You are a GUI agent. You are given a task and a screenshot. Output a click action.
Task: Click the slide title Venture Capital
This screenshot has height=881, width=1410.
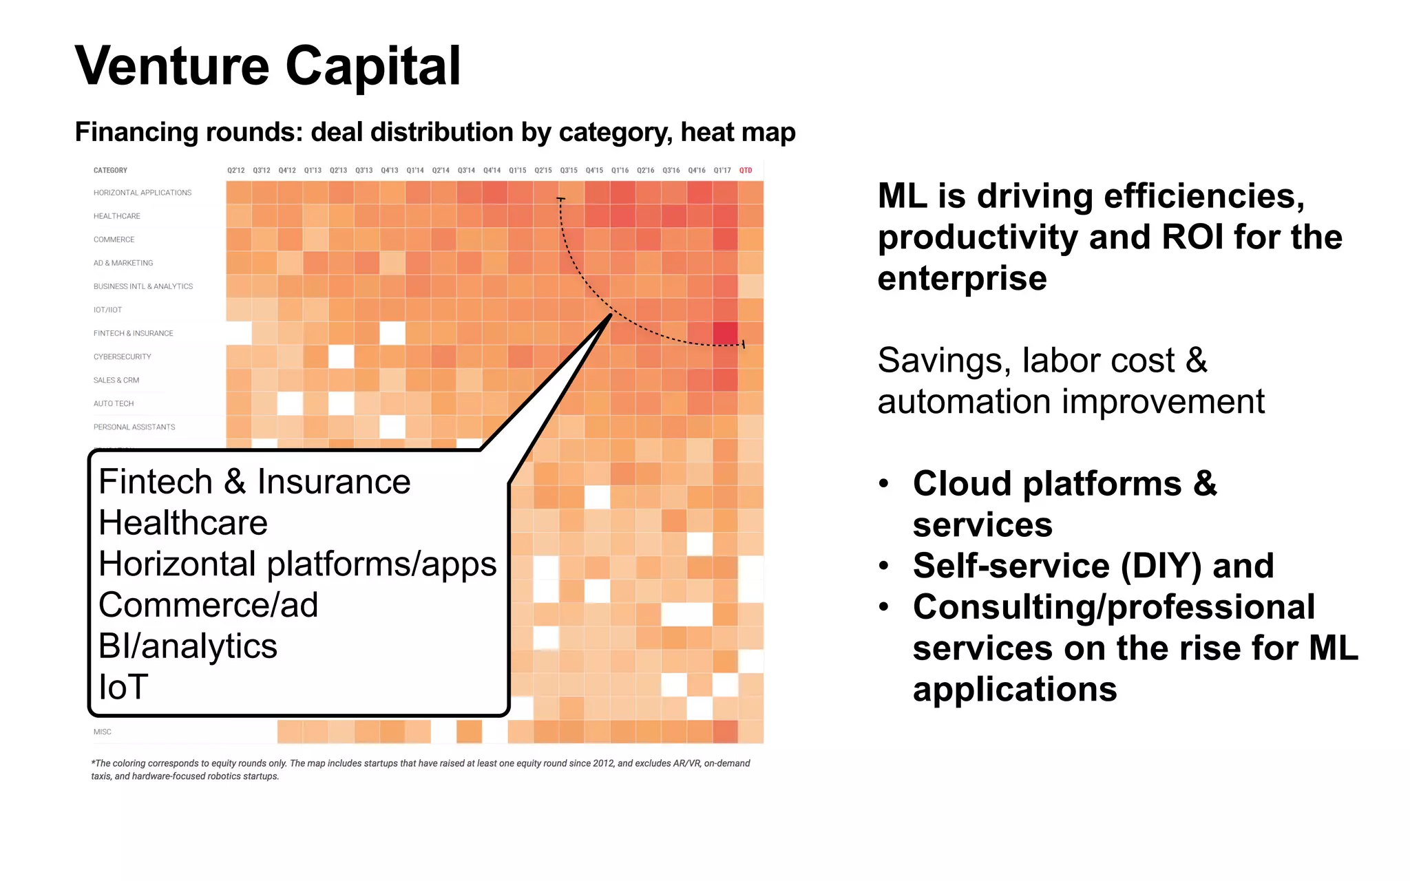(x=267, y=66)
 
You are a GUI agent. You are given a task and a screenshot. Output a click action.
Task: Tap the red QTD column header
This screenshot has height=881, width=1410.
(x=746, y=170)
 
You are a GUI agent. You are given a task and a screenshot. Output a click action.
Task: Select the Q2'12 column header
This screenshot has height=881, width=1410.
(x=236, y=170)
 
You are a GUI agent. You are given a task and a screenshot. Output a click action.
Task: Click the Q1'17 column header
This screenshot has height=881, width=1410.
(x=722, y=170)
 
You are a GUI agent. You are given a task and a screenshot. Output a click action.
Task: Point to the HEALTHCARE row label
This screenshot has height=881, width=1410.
(x=117, y=216)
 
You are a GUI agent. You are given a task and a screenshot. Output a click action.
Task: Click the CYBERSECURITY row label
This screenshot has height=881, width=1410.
(x=123, y=357)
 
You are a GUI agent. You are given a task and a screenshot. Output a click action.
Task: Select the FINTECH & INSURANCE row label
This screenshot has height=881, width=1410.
(x=134, y=333)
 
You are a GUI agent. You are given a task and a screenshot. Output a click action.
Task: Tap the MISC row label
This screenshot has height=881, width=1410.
(x=103, y=732)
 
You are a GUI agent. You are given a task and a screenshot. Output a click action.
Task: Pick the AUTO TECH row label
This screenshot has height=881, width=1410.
(x=114, y=403)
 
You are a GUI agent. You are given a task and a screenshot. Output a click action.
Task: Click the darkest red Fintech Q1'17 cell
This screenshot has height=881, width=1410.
(x=725, y=333)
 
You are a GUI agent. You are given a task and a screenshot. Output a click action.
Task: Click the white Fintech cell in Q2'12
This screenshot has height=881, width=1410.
(x=238, y=333)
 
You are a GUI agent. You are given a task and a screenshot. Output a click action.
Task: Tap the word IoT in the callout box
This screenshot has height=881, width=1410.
(x=124, y=687)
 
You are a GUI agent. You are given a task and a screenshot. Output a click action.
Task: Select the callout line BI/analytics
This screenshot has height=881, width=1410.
(x=188, y=646)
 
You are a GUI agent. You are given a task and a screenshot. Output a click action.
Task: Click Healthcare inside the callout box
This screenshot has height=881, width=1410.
(x=183, y=522)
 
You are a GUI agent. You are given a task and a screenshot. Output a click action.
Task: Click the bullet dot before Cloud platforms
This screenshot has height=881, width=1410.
(x=884, y=483)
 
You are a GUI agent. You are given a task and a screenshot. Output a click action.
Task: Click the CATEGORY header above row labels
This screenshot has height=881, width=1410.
(x=110, y=170)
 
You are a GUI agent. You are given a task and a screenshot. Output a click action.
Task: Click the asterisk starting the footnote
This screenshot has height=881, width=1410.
(x=93, y=763)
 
